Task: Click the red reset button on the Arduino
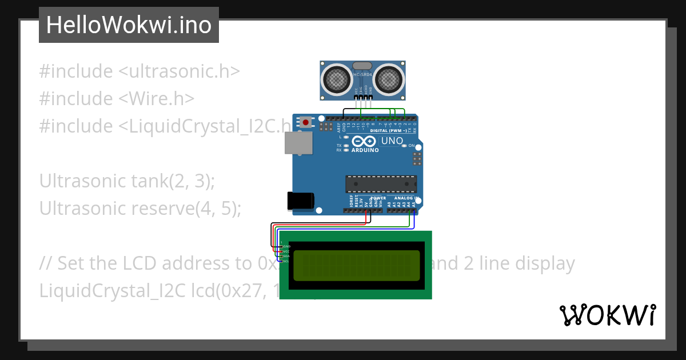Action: [307, 122]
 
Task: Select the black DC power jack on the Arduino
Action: [301, 201]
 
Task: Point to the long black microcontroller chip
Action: [381, 184]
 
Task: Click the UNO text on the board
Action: [392, 141]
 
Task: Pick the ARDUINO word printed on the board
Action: [365, 150]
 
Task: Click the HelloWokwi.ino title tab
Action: [129, 25]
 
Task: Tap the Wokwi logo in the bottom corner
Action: [607, 315]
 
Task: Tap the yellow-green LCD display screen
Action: [357, 266]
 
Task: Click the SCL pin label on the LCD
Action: [285, 261]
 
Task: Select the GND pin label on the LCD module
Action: [286, 246]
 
